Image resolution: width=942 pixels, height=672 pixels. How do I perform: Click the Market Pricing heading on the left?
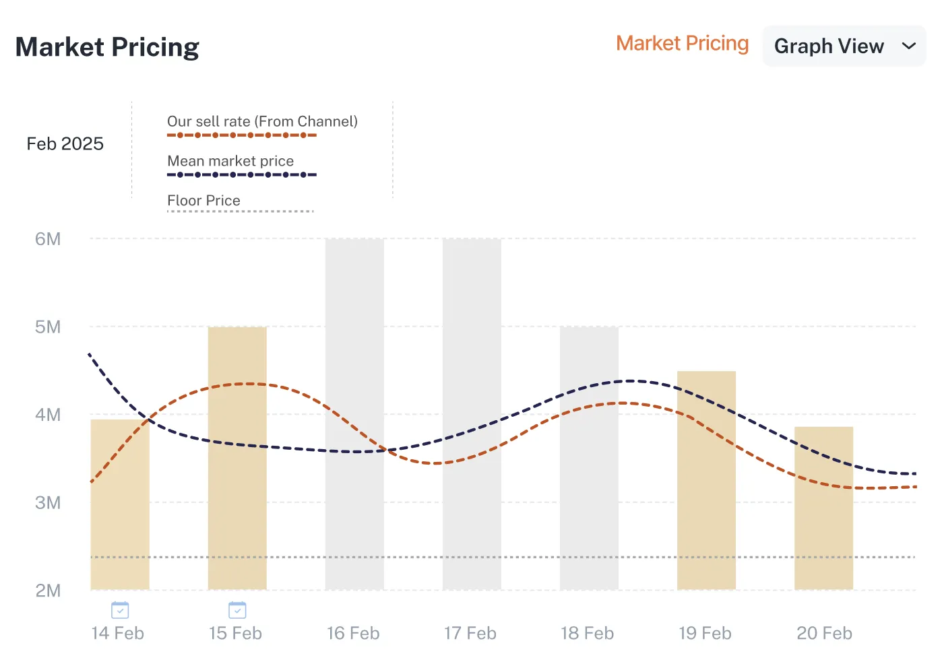coord(107,47)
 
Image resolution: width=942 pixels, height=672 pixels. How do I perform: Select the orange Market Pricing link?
coord(682,44)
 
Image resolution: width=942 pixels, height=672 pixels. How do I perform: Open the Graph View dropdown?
coord(844,46)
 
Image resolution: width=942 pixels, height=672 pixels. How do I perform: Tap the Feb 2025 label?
coord(65,143)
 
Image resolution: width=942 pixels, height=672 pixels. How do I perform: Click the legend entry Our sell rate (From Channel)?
coord(262,122)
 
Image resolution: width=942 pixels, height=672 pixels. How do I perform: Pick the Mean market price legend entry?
coord(230,162)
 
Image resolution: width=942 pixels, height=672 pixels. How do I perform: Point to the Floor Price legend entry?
coord(203,201)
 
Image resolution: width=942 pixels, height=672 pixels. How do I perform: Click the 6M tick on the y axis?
coord(48,239)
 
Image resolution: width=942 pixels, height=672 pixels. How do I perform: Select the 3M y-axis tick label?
coord(48,503)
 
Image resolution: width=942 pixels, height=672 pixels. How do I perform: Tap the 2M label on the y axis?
coord(48,591)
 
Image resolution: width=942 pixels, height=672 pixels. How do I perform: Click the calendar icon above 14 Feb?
coord(120,610)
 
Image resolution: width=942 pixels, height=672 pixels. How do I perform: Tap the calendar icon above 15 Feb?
coord(237,610)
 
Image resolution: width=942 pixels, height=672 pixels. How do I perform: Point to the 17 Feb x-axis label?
coord(470,634)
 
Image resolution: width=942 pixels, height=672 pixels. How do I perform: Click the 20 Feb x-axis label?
coord(824,634)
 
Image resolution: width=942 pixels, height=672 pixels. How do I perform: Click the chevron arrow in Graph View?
coord(909,46)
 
